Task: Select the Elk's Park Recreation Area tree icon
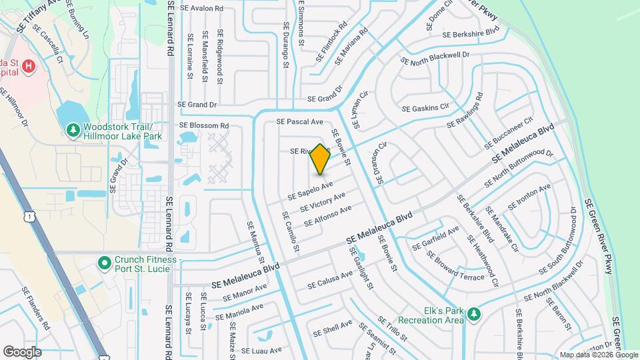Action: point(474,314)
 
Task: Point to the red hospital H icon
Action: point(28,65)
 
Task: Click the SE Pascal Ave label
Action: point(299,122)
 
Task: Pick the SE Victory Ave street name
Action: point(323,201)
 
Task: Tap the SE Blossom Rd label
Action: point(203,125)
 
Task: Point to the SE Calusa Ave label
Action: point(330,281)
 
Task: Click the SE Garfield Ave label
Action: point(436,238)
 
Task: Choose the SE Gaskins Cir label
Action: point(425,107)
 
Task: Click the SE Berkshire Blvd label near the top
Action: point(471,32)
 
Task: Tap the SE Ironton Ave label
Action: point(529,197)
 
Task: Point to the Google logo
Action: point(22,351)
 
